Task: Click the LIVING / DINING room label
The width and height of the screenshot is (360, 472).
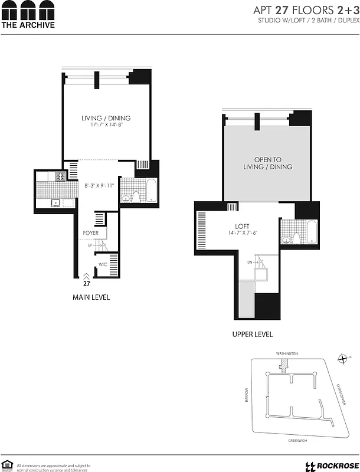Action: click(106, 118)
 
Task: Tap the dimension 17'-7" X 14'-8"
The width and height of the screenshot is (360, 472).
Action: click(106, 125)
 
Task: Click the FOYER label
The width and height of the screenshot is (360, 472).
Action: click(90, 233)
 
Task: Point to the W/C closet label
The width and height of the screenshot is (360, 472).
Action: click(102, 264)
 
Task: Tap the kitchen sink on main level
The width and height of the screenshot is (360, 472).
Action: click(55, 203)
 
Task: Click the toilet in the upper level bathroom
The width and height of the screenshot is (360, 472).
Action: click(287, 239)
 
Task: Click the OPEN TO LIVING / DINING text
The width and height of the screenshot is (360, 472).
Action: click(268, 163)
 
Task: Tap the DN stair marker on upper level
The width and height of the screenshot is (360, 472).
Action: click(250, 262)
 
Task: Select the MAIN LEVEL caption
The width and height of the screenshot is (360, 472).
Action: click(91, 297)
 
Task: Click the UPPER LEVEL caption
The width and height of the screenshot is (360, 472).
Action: click(252, 334)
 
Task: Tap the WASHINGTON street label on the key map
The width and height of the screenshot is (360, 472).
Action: click(287, 353)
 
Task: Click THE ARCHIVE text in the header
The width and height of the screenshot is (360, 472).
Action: click(28, 25)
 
